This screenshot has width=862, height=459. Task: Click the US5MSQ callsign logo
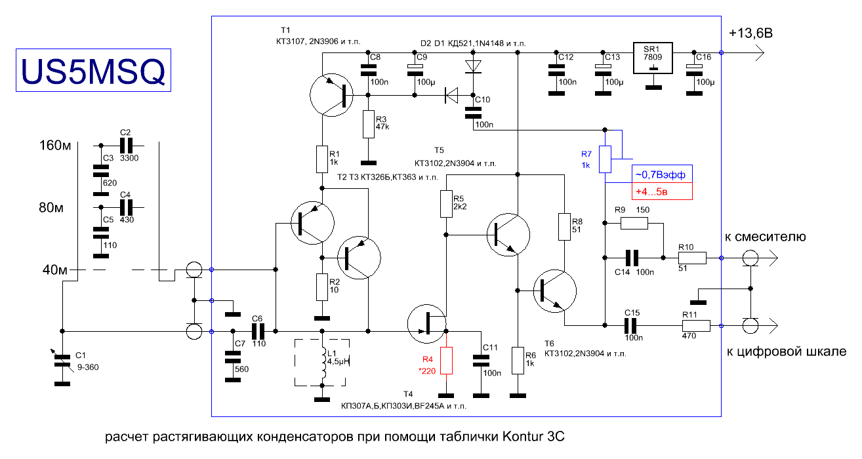point(94,70)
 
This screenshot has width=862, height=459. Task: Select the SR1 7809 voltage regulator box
point(653,58)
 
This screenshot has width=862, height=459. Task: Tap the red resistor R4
point(446,361)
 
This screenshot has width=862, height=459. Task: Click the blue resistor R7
point(605,159)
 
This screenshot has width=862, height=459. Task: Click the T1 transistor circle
point(331,95)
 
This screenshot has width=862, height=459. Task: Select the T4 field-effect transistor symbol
point(427,324)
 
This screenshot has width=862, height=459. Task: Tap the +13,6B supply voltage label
point(750,33)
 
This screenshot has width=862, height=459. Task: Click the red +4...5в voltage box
point(662,191)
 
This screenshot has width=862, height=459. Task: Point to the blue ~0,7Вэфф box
point(662,174)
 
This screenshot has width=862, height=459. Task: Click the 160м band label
point(55,146)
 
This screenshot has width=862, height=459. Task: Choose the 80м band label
point(51,208)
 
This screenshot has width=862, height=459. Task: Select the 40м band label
point(54,270)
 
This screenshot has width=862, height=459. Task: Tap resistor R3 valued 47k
point(368,124)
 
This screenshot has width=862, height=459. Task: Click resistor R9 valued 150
point(634,223)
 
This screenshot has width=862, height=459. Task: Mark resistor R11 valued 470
point(696,326)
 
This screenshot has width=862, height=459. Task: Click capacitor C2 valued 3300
point(126,146)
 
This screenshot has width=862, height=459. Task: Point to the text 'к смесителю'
point(766,237)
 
